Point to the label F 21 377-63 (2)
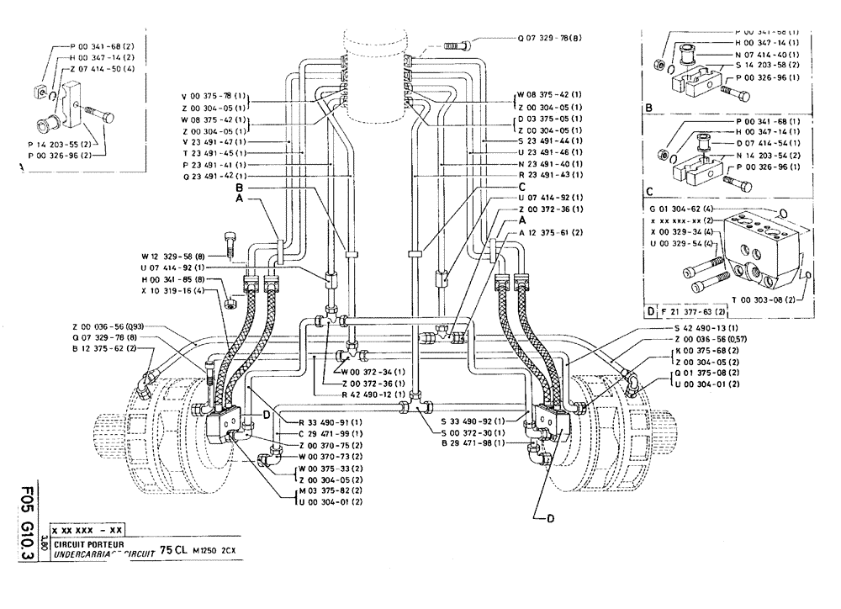(686, 311)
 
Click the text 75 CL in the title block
(175, 549)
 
